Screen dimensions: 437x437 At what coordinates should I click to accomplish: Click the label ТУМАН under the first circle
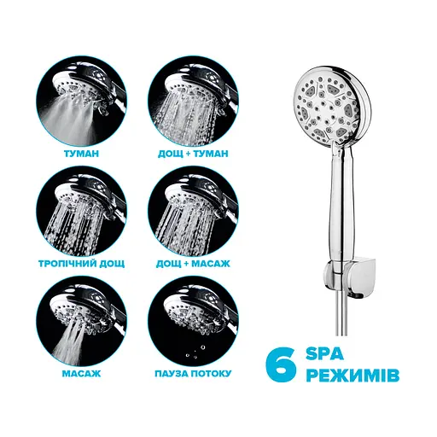[81, 154]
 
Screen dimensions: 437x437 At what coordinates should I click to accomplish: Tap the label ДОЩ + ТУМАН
[193, 154]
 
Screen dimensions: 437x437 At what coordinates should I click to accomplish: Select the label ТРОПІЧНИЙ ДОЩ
[81, 264]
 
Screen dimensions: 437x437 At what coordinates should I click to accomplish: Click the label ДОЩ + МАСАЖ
[193, 264]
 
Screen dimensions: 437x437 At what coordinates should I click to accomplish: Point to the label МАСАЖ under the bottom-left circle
[81, 373]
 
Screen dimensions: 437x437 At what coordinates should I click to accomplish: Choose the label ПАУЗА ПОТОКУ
[193, 373]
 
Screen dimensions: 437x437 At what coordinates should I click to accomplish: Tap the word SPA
[324, 354]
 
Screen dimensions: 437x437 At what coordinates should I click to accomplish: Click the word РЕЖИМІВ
[353, 376]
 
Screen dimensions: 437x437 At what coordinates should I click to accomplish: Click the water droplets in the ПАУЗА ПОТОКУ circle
[195, 353]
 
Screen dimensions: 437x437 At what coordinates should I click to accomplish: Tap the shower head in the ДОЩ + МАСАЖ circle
[198, 198]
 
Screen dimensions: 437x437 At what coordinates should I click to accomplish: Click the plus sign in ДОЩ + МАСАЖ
[186, 264]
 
